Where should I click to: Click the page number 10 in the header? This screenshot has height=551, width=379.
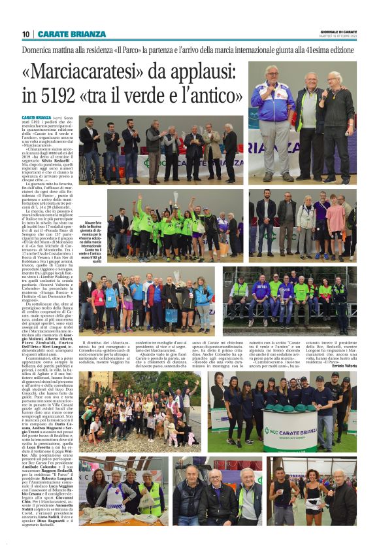25,34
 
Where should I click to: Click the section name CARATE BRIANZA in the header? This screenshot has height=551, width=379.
71,34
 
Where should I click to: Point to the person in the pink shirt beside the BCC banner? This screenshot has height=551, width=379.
334,222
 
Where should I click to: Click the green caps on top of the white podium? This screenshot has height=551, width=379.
289,410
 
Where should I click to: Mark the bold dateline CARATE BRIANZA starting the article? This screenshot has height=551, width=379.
37,118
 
